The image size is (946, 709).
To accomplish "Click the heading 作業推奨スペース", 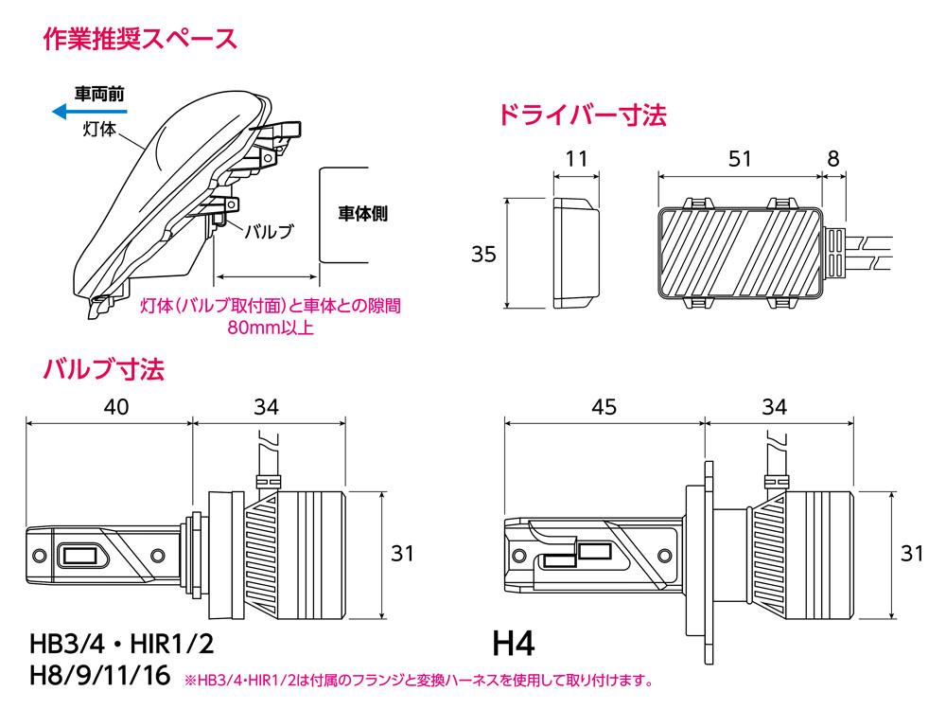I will pyautogui.click(x=140, y=40).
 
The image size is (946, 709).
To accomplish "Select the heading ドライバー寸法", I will pyautogui.click(x=582, y=115).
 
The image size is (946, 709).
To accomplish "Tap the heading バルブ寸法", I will pyautogui.click(x=104, y=368).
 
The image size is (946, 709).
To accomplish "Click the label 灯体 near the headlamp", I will pyautogui.click(x=99, y=130).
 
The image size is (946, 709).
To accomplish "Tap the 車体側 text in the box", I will pyautogui.click(x=362, y=214).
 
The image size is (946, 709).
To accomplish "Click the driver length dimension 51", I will pyautogui.click(x=739, y=159).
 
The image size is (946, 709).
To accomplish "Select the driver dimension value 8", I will pyautogui.click(x=832, y=159).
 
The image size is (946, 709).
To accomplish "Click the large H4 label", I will pyautogui.click(x=514, y=645).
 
